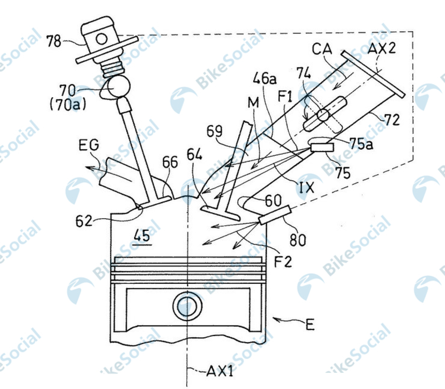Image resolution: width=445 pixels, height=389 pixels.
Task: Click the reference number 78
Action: coord(54,41)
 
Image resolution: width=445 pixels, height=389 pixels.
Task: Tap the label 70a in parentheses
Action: coord(68,105)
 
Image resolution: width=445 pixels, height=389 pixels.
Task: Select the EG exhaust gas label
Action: coord(89,145)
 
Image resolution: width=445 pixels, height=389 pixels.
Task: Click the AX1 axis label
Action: coord(220,371)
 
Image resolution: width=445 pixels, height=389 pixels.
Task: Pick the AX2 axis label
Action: coord(382,48)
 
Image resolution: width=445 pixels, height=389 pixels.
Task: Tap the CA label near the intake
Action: coord(322,49)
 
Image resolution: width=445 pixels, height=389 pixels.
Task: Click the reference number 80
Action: coord(298,240)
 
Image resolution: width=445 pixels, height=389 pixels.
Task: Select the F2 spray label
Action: coord(283,262)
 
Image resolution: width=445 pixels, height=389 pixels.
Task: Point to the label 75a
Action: coord(361,144)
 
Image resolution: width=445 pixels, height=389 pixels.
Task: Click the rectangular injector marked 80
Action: coord(275,215)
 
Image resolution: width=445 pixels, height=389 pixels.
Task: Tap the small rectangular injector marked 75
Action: coord(322,147)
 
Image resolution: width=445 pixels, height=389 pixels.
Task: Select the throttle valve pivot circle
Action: coord(323,115)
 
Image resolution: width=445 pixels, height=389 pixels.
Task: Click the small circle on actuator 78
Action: coord(102,39)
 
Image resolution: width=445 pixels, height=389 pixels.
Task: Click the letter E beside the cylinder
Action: coord(310,324)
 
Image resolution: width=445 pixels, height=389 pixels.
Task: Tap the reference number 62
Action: coord(84,221)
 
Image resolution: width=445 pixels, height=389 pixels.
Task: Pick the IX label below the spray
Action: coord(307,188)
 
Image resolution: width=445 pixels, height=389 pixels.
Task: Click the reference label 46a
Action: coord(265,78)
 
